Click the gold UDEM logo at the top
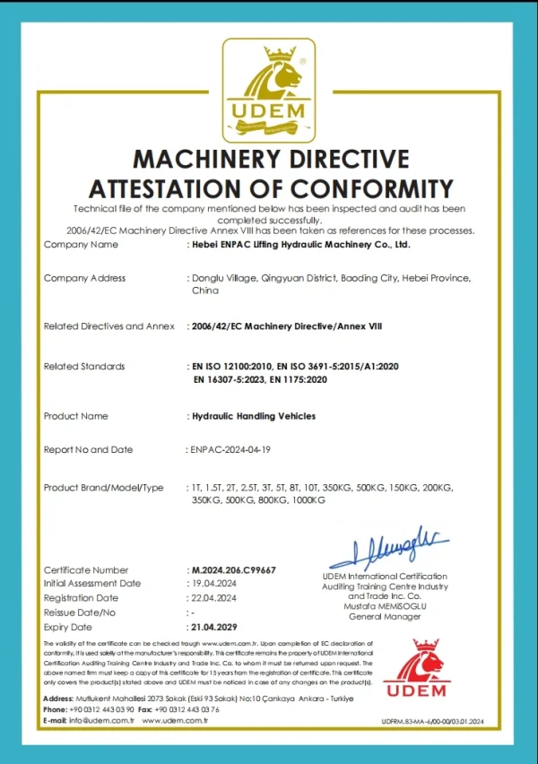tap(268, 90)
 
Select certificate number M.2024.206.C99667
tap(233, 569)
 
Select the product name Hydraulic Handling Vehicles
tap(254, 416)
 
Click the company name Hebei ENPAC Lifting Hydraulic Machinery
tap(300, 244)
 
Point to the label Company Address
tap(84, 278)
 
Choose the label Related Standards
tap(84, 367)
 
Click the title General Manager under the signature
tap(384, 617)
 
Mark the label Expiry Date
tap(68, 627)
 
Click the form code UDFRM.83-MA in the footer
tap(431, 721)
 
